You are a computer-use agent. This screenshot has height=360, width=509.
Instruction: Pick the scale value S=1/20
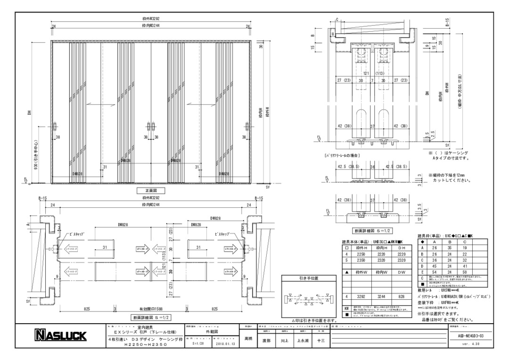(x=186, y=344)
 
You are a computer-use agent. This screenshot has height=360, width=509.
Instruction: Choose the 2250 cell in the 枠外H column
(x=361, y=254)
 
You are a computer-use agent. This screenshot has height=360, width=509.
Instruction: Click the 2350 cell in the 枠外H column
(x=361, y=260)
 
